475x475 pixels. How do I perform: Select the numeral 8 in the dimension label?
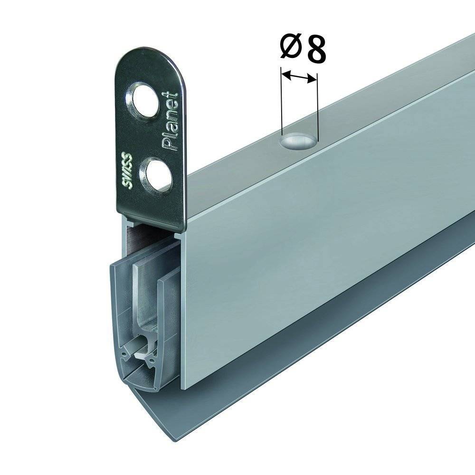coord(315,49)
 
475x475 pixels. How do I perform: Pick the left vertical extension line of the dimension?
coord(282,102)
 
